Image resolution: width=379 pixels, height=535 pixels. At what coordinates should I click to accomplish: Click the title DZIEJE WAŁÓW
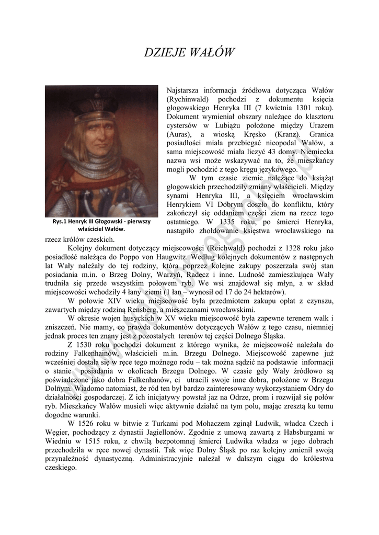coord(189,53)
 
